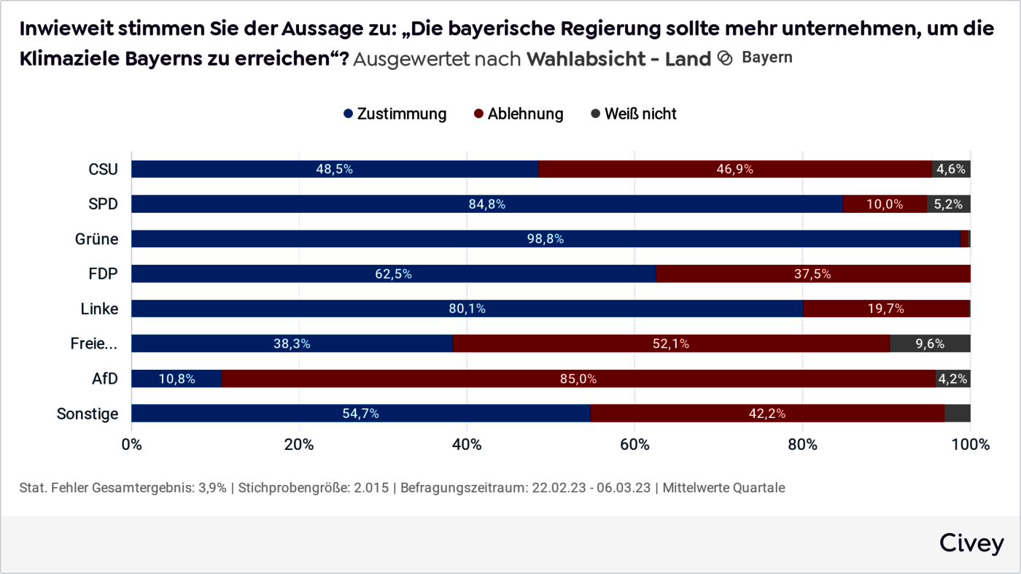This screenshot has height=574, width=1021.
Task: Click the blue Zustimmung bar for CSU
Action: tap(335, 169)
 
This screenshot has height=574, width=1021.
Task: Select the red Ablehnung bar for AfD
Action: tap(578, 379)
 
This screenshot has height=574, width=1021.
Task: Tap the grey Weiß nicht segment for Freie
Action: tap(930, 344)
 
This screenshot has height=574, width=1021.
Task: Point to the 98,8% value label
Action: tap(546, 239)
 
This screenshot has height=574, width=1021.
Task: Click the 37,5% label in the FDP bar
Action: tap(812, 274)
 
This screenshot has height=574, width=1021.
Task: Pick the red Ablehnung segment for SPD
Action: tap(885, 204)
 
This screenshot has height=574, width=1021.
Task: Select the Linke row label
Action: tap(99, 309)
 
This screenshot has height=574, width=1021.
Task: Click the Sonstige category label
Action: tap(88, 414)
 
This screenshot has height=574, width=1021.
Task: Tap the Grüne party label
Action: tap(96, 239)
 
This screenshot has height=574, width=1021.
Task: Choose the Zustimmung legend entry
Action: tap(395, 114)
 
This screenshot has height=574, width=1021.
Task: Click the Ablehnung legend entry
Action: tap(519, 114)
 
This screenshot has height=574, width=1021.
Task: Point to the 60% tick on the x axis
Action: tap(634, 444)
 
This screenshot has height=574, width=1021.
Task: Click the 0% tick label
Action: tap(131, 444)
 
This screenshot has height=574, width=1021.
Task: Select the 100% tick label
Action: tap(969, 444)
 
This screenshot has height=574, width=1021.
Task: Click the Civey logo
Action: tap(971, 543)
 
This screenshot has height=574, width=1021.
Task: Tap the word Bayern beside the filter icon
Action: tap(766, 58)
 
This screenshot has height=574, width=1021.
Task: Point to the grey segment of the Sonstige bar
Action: tap(958, 414)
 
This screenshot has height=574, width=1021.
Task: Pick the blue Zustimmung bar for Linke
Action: tap(467, 309)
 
